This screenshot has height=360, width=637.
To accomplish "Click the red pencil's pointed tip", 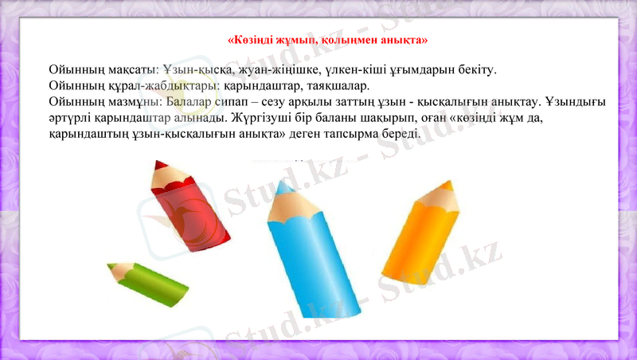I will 158,166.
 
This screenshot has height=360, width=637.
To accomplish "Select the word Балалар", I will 188,102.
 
